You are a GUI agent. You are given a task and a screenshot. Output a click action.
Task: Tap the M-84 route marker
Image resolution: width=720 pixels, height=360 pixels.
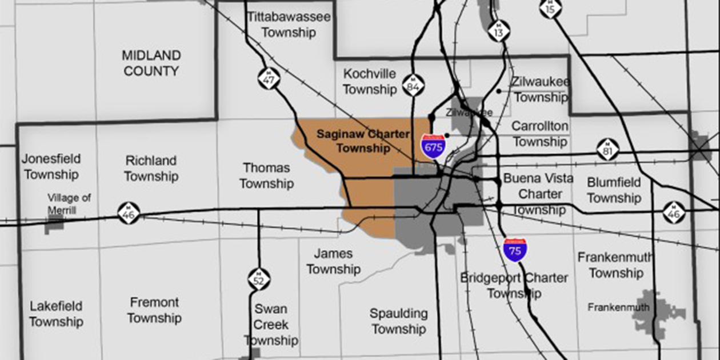click(x=413, y=85)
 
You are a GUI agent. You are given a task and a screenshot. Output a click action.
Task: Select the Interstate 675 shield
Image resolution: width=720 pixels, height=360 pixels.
click(x=433, y=145)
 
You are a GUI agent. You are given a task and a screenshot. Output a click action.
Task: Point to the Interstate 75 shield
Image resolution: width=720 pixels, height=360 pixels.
click(x=515, y=249)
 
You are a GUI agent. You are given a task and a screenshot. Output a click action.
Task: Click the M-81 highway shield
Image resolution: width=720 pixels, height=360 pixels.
click(x=607, y=149)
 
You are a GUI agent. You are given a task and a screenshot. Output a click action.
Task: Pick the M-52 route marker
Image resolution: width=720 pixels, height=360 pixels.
click(x=259, y=278)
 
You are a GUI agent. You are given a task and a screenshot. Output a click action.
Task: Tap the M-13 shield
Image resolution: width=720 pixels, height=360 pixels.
click(x=499, y=32)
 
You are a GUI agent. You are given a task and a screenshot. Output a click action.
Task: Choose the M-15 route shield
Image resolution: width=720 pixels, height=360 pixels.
click(x=550, y=7)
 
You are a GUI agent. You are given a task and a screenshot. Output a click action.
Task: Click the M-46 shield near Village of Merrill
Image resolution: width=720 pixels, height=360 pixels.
click(x=129, y=213)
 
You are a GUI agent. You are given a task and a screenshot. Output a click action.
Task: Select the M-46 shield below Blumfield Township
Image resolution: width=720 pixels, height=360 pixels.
click(x=674, y=212)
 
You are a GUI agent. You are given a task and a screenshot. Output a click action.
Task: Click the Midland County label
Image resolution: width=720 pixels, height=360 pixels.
click(x=151, y=63)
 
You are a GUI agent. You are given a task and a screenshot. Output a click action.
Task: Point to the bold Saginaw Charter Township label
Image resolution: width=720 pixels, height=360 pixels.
click(x=363, y=141)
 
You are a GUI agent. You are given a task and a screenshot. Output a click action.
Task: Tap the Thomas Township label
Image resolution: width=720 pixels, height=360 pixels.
click(x=266, y=175)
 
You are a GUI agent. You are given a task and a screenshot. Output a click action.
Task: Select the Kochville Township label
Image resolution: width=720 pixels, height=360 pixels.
click(x=370, y=82)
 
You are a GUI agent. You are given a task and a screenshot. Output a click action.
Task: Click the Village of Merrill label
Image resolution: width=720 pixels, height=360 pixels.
click(x=69, y=204)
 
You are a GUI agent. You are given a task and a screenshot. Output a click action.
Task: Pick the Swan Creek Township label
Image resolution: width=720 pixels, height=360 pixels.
click(x=271, y=325)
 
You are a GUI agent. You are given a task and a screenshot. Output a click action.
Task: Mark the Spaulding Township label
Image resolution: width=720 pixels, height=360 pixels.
click(x=398, y=321)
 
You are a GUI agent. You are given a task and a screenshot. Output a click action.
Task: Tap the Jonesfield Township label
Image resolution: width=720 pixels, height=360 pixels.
click(x=51, y=166)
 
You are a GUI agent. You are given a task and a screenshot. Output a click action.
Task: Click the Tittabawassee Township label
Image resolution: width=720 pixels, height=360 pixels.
click(x=289, y=25)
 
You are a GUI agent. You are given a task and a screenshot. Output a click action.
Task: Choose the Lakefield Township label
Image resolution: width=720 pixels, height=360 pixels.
click(x=56, y=314)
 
